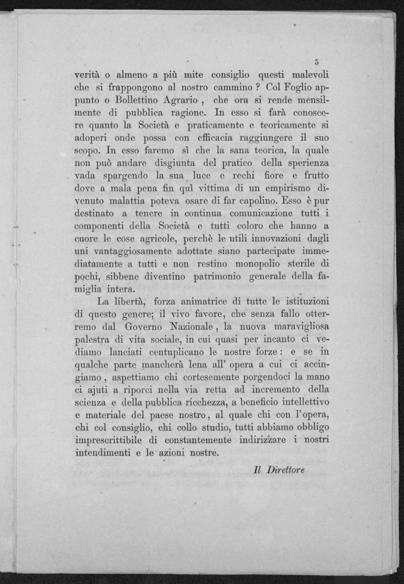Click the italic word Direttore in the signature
[x=285, y=470]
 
